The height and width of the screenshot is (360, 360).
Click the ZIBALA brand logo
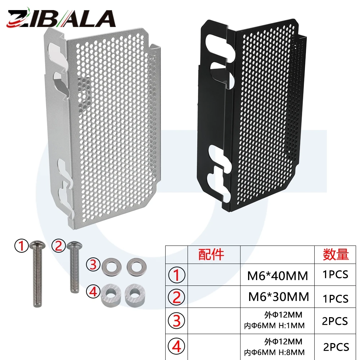pyautogui.click(x=61, y=17)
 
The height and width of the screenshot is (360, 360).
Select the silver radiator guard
pyautogui.click(x=102, y=126)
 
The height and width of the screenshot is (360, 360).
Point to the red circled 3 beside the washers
pyautogui.click(x=93, y=265)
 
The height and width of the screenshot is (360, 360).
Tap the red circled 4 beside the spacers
pyautogui.click(x=93, y=292)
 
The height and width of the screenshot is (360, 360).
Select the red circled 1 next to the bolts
pyautogui.click(x=22, y=246)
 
